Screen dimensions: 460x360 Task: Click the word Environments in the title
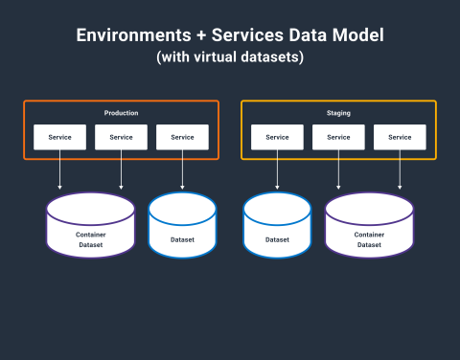[133, 34]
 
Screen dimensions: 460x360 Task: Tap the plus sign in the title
[201, 35]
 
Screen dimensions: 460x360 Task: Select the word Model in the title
[358, 34]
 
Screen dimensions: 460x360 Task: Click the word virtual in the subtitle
[215, 56]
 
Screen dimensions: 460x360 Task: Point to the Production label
[121, 113]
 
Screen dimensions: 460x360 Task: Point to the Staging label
[338, 113]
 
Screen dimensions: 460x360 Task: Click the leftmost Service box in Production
[59, 137]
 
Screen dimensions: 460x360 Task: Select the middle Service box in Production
[121, 137]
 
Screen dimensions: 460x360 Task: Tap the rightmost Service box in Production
[182, 137]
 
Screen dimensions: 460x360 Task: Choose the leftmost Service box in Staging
[277, 137]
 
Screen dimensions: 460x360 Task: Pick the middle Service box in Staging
[338, 137]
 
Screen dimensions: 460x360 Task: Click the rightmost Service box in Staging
[400, 137]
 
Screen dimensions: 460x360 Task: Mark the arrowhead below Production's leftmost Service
[59, 188]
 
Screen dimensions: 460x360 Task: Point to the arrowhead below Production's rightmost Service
[182, 188]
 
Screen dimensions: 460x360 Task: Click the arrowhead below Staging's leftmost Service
[277, 188]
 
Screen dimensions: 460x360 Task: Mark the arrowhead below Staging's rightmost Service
[400, 188]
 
